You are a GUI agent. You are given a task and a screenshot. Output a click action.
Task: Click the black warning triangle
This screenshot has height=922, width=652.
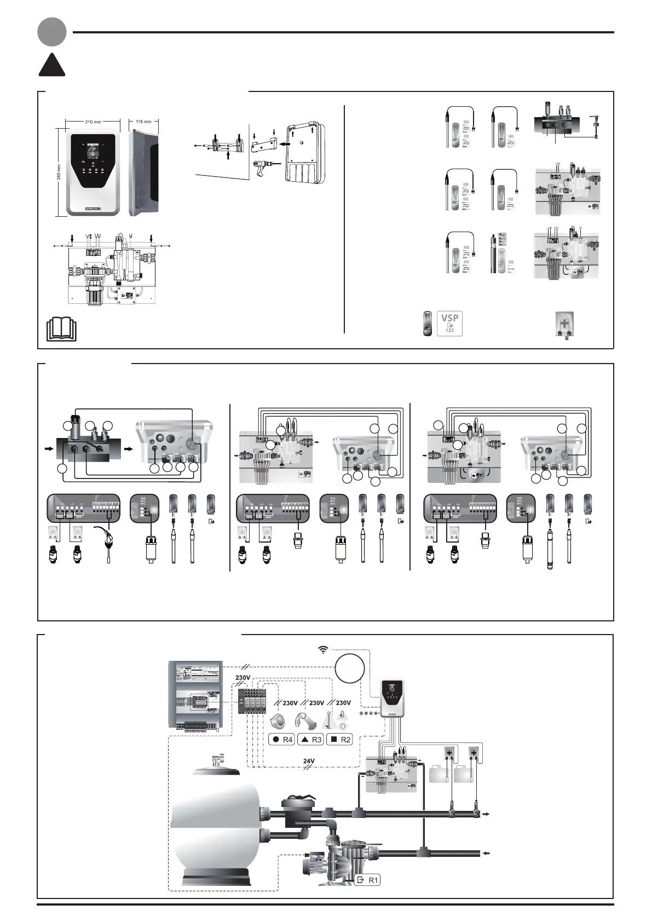pos(52,66)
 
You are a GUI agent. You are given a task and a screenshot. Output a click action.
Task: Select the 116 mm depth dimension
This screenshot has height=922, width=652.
pos(143,122)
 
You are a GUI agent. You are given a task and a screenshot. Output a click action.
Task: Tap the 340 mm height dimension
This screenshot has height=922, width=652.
pos(59,171)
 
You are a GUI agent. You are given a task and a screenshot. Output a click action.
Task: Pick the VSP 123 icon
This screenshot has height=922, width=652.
pos(450,323)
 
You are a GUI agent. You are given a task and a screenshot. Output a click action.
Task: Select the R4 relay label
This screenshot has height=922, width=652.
pos(282,739)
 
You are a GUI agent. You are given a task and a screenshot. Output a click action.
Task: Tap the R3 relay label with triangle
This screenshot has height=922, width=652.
pos(311,739)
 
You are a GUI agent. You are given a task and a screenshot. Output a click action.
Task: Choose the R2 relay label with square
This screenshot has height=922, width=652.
pos(339,739)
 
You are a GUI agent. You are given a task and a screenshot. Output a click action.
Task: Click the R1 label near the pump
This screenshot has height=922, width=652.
pos(368,880)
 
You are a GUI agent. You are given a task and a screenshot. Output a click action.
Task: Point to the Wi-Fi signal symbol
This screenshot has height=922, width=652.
pos(324,650)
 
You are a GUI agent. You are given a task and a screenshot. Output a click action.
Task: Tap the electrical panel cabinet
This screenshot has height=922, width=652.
pos(196,695)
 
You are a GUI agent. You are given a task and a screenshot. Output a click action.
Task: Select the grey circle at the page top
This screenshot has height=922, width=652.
pos(52,32)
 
